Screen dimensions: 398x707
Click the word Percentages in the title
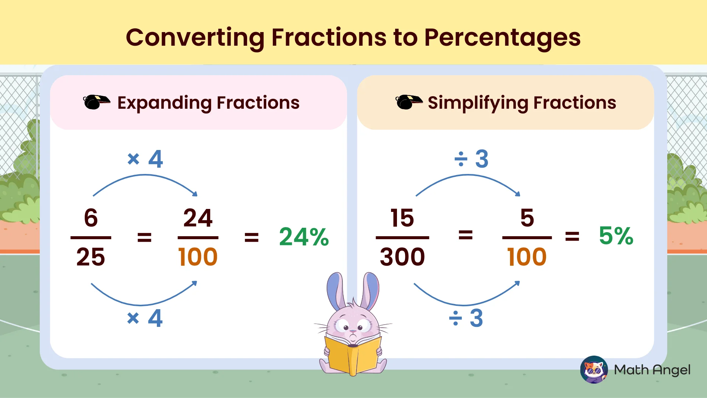tap(502, 38)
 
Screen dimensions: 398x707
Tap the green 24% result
tap(304, 237)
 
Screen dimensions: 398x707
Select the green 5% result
tap(616, 236)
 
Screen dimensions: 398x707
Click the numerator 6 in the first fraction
tap(91, 218)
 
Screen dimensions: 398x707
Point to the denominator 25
tap(91, 257)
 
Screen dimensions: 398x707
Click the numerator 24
tap(198, 218)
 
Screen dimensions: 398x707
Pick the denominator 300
tap(402, 257)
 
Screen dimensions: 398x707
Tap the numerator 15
tap(402, 218)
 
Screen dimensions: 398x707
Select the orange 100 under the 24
tap(198, 257)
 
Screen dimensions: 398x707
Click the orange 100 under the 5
tap(527, 257)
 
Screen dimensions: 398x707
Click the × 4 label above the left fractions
tap(145, 159)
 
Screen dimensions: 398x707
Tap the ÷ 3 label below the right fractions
tap(466, 318)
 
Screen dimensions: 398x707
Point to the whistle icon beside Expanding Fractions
tap(96, 102)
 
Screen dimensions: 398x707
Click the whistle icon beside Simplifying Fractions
tap(408, 102)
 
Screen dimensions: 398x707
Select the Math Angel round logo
tap(594, 370)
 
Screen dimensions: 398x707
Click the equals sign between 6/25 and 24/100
tap(144, 237)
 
